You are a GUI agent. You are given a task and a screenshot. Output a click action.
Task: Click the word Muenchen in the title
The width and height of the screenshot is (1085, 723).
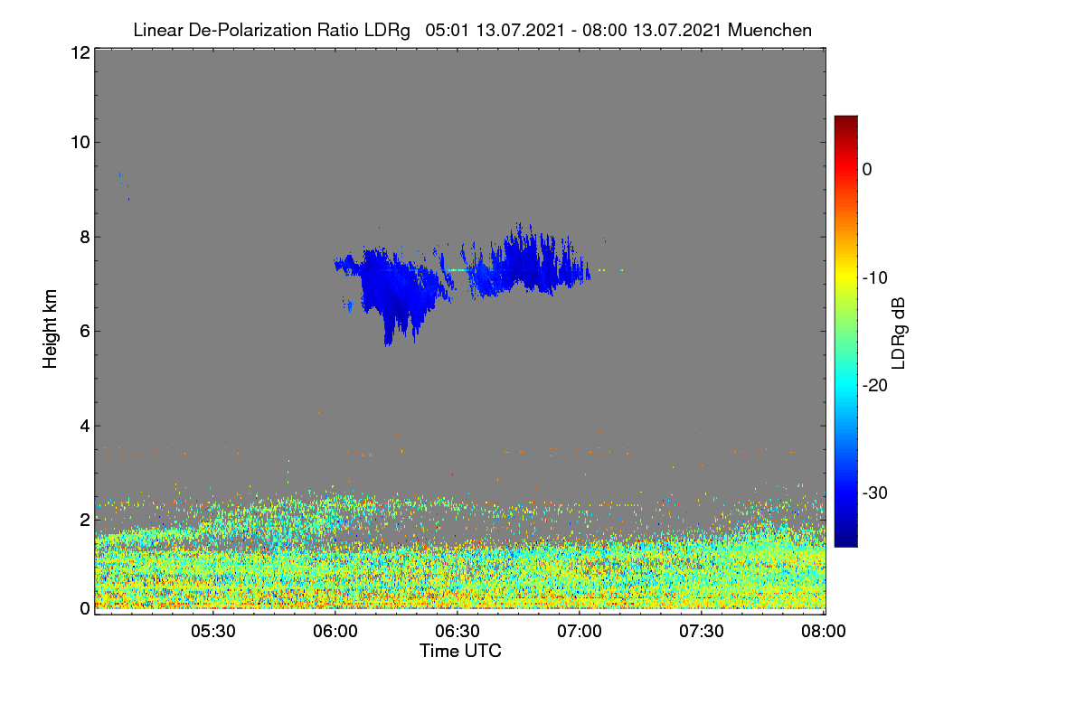point(769,31)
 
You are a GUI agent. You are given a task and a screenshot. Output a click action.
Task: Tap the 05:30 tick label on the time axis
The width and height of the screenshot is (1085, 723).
point(213,632)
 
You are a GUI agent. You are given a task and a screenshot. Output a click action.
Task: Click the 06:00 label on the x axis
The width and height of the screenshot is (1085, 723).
point(335,632)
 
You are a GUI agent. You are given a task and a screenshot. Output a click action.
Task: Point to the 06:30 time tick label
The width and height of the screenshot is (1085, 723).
point(458,632)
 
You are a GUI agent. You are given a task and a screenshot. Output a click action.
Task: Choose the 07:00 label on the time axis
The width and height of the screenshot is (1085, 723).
point(580,632)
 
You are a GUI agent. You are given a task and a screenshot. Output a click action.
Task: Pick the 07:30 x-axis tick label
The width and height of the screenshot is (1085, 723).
point(702,632)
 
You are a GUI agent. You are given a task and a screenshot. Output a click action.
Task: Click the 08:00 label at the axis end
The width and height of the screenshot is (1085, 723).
point(824,632)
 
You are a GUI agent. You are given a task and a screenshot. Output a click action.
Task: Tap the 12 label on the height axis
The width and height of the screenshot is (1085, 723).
point(80,52)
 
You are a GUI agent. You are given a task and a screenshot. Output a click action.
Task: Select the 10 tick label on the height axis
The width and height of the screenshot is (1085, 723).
point(80,143)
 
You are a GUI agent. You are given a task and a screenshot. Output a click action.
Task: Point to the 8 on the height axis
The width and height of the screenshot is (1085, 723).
point(85,238)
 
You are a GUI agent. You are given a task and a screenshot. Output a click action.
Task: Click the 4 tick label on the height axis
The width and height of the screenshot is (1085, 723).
point(85,427)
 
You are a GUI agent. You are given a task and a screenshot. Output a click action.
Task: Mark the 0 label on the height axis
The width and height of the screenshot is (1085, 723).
point(85,609)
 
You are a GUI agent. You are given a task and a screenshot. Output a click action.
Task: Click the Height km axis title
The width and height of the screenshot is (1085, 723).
point(50,329)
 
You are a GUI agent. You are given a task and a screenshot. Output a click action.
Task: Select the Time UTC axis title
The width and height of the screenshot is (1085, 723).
point(460,652)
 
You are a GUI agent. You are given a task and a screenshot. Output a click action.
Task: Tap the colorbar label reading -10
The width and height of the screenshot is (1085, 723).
point(875,278)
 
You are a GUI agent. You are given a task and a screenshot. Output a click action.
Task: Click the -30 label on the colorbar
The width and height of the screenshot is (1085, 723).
point(875,493)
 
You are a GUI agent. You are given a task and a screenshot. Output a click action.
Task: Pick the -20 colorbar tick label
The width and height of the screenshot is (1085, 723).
point(875,386)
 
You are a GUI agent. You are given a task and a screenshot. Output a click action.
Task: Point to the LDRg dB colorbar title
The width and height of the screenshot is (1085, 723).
point(899,333)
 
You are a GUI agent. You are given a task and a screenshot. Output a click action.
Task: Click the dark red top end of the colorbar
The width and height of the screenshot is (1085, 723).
point(845,117)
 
